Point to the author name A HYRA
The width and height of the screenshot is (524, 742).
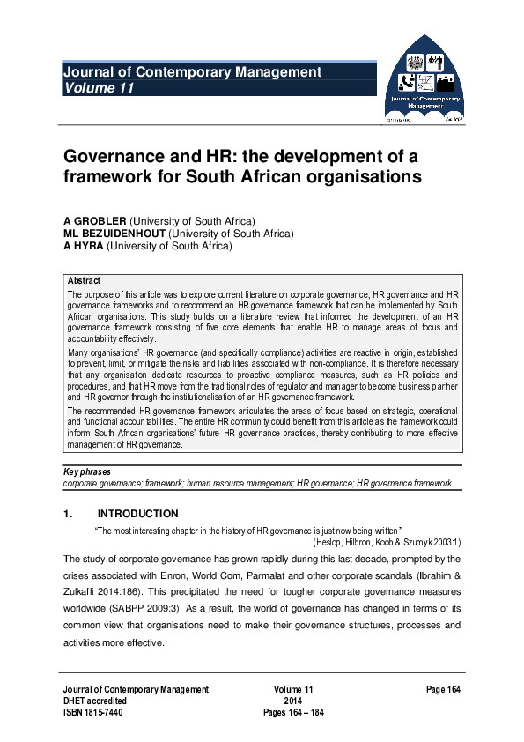tap(84, 247)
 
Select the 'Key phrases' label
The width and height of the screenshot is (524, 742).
tap(87, 472)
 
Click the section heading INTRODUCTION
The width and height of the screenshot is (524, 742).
tap(138, 514)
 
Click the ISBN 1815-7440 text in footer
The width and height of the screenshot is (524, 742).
tap(92, 714)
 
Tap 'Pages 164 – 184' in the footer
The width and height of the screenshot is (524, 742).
tap(294, 714)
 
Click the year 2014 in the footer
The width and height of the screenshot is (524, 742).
tap(293, 701)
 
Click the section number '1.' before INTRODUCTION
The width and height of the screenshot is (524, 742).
tap(67, 514)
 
